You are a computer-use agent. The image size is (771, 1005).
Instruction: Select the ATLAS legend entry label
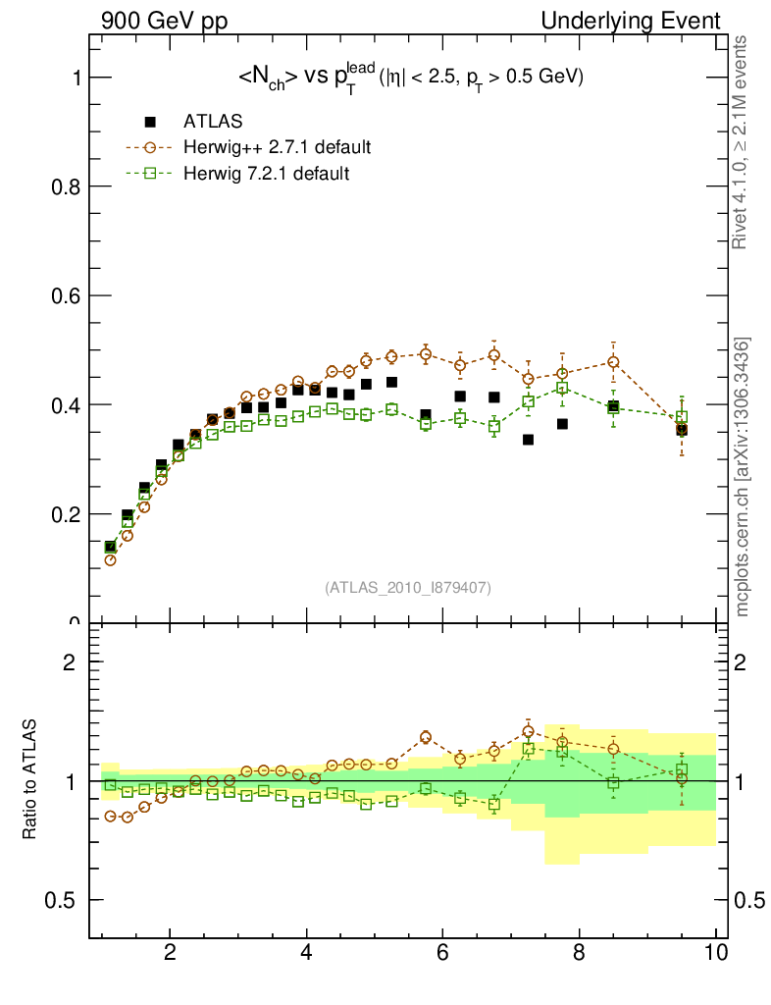[x=213, y=122]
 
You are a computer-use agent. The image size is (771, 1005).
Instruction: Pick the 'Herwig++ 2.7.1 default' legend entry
[x=277, y=148]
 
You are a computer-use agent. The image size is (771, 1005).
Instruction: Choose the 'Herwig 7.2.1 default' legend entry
[x=267, y=174]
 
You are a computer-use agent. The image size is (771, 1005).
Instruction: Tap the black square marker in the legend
[x=150, y=122]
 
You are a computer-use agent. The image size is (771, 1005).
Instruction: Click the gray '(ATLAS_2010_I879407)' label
[x=408, y=588]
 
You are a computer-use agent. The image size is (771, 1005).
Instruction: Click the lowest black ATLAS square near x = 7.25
[x=528, y=440]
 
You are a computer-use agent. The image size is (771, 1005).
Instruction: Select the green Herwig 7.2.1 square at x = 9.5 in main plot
[x=682, y=417]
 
